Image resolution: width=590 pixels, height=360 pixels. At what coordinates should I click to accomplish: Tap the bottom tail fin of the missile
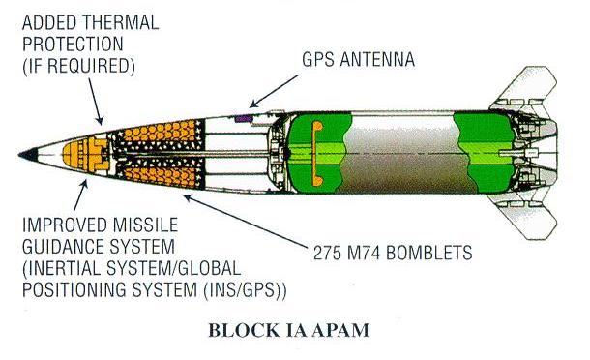pos(528,217)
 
